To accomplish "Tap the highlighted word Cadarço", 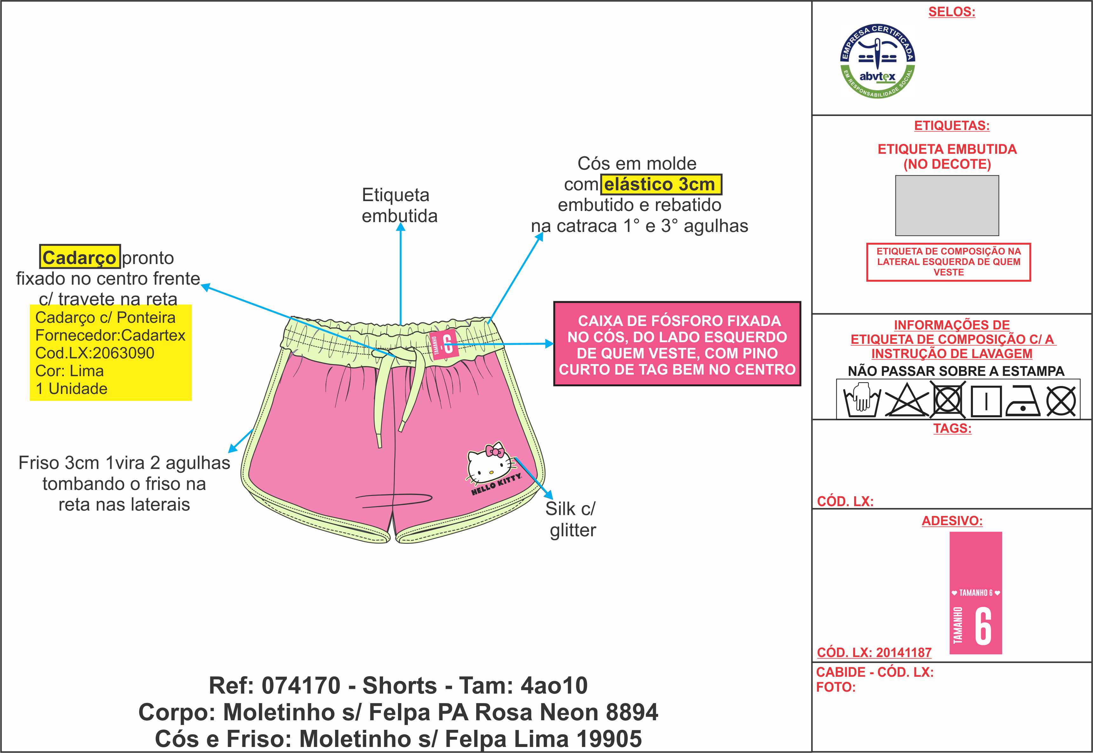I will (x=79, y=258).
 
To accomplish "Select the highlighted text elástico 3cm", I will (x=660, y=184).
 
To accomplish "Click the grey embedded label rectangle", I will (x=947, y=205).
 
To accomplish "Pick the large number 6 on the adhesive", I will (x=983, y=626).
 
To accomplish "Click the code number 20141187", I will (x=904, y=653).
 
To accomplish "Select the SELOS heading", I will (x=951, y=12).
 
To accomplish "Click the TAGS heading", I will (x=952, y=428).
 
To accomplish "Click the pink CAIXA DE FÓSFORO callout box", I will (x=677, y=344).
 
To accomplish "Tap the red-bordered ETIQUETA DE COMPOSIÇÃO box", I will (x=948, y=262).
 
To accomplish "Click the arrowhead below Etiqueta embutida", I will (x=401, y=227).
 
